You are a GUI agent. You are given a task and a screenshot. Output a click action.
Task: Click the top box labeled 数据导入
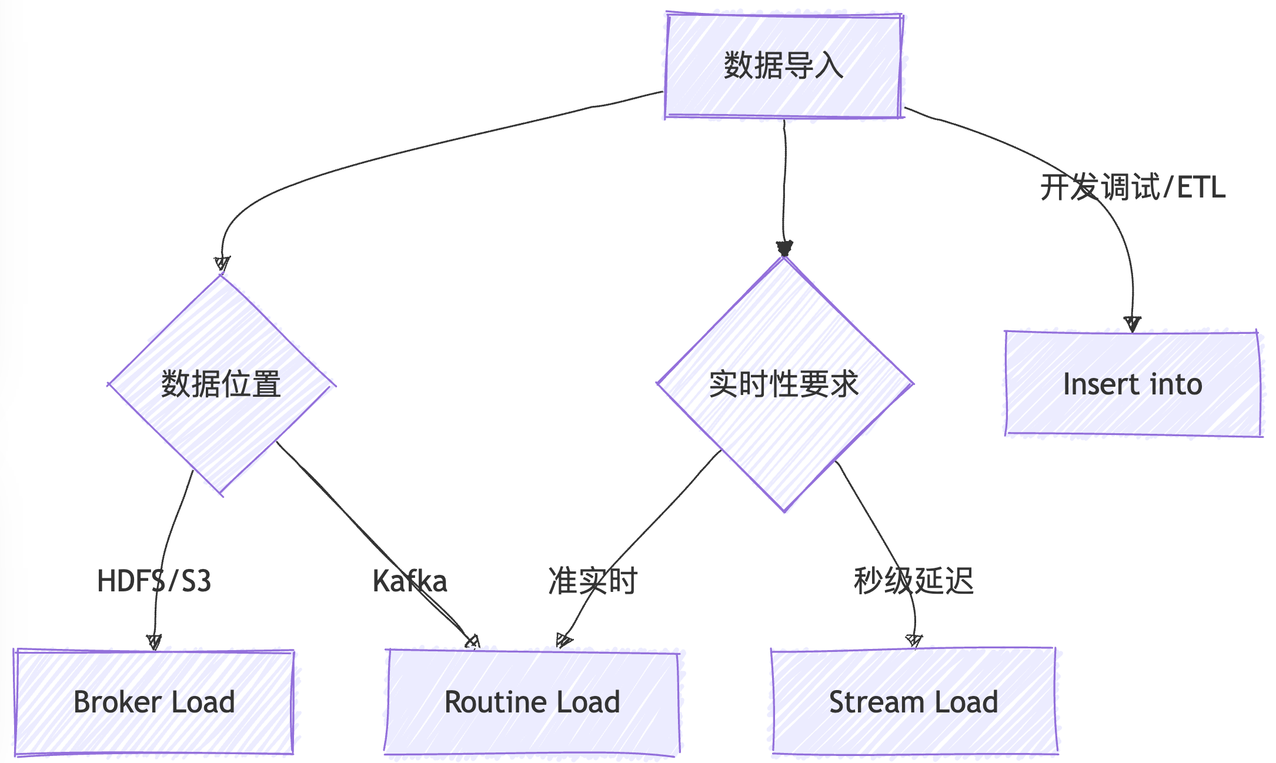(784, 65)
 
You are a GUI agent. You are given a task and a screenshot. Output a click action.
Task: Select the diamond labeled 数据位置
(221, 385)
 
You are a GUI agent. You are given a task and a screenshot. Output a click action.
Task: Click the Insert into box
(1133, 384)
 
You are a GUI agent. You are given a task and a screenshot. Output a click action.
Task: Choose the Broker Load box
(154, 702)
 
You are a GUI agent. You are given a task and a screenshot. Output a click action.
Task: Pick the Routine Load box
(532, 702)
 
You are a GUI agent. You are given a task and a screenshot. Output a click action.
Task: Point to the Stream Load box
(914, 702)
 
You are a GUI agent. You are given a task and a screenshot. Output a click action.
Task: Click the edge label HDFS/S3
(154, 581)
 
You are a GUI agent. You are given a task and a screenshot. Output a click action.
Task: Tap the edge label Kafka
(410, 581)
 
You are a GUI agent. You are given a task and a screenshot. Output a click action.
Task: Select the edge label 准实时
(593, 581)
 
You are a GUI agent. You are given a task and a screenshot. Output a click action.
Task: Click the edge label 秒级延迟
(914, 581)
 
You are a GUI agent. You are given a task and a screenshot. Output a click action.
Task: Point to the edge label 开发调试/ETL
(1133, 188)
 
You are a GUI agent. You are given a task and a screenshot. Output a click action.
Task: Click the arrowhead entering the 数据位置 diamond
(222, 264)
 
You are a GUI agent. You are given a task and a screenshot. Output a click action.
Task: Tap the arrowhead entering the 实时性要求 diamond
(784, 248)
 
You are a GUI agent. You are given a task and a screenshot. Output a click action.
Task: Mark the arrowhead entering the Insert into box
(1132, 324)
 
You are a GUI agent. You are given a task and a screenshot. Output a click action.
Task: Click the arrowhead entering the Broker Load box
(154, 641)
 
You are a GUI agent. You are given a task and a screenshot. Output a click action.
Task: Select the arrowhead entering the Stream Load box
(914, 640)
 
